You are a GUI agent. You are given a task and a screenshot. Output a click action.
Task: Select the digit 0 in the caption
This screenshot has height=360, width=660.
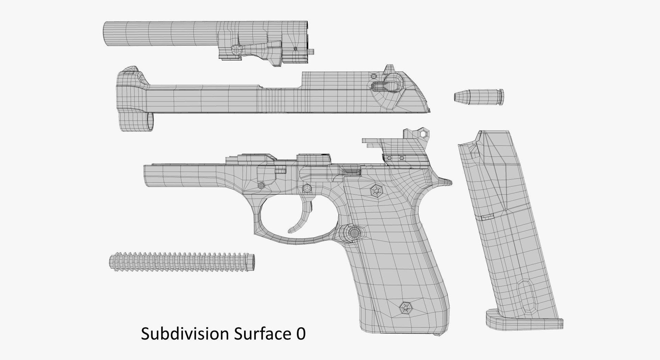300,334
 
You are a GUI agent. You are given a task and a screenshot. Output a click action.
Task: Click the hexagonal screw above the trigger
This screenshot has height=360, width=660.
306,188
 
